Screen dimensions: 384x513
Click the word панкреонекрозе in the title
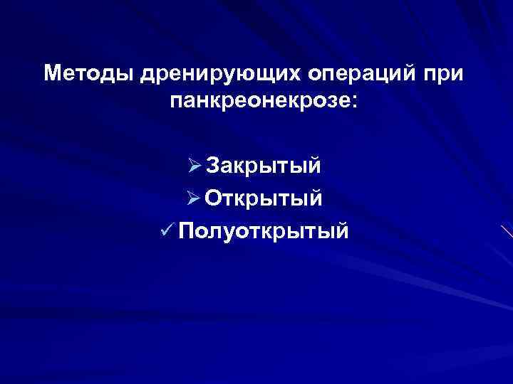coord(256,102)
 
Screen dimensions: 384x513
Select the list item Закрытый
coord(264,166)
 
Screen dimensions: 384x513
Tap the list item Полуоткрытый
coord(264,230)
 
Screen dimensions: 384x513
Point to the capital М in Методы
coord(53,73)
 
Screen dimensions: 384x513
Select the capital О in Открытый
coord(216,198)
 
